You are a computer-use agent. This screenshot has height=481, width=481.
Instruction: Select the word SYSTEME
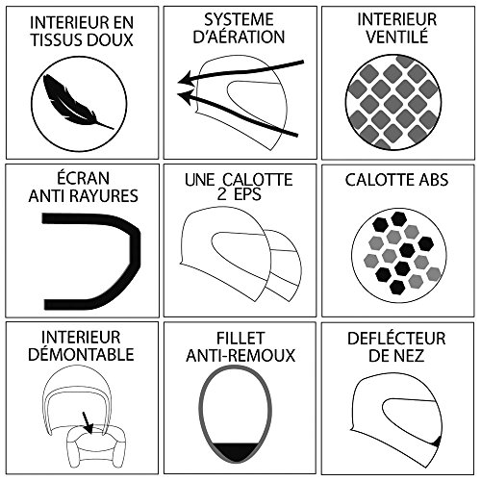pos(239,19)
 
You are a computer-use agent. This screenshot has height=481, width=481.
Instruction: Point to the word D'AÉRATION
pos(239,37)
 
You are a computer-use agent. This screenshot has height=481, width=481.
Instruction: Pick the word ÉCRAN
pos(83,177)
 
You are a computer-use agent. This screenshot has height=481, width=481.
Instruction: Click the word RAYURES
pos(106,195)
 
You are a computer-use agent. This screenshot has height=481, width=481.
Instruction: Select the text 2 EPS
pos(239,194)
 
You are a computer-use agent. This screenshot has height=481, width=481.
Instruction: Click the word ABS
pos(432,180)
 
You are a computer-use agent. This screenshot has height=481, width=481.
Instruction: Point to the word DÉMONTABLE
pos(81,354)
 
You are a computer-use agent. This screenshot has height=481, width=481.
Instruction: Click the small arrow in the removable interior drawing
pos(88,422)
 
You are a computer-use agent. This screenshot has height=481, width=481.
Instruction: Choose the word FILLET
pos(240,338)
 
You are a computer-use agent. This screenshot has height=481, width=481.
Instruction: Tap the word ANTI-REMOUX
pos(240,355)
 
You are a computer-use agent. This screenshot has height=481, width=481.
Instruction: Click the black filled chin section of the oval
pos(236,451)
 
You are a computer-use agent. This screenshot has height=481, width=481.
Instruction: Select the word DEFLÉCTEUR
pos(396,339)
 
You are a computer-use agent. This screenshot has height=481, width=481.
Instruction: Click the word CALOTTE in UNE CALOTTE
pos(258,179)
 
